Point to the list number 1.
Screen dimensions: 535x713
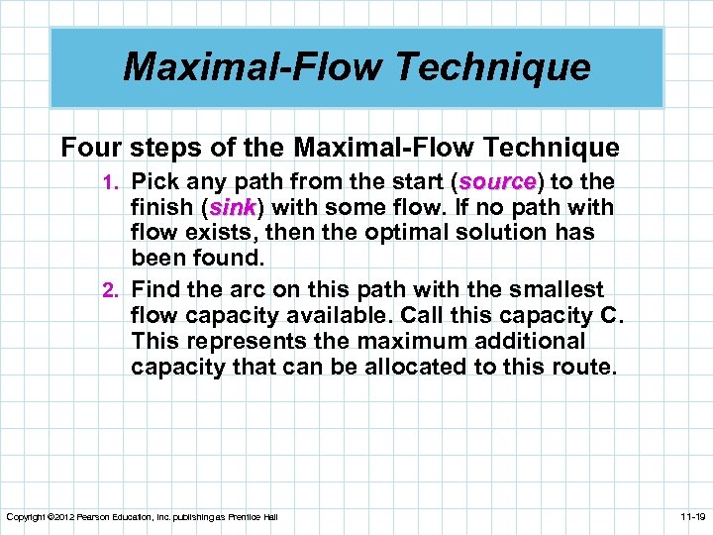click(111, 184)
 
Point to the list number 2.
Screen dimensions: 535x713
click(111, 290)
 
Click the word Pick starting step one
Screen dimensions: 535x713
click(154, 183)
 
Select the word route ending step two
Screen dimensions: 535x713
click(584, 368)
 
